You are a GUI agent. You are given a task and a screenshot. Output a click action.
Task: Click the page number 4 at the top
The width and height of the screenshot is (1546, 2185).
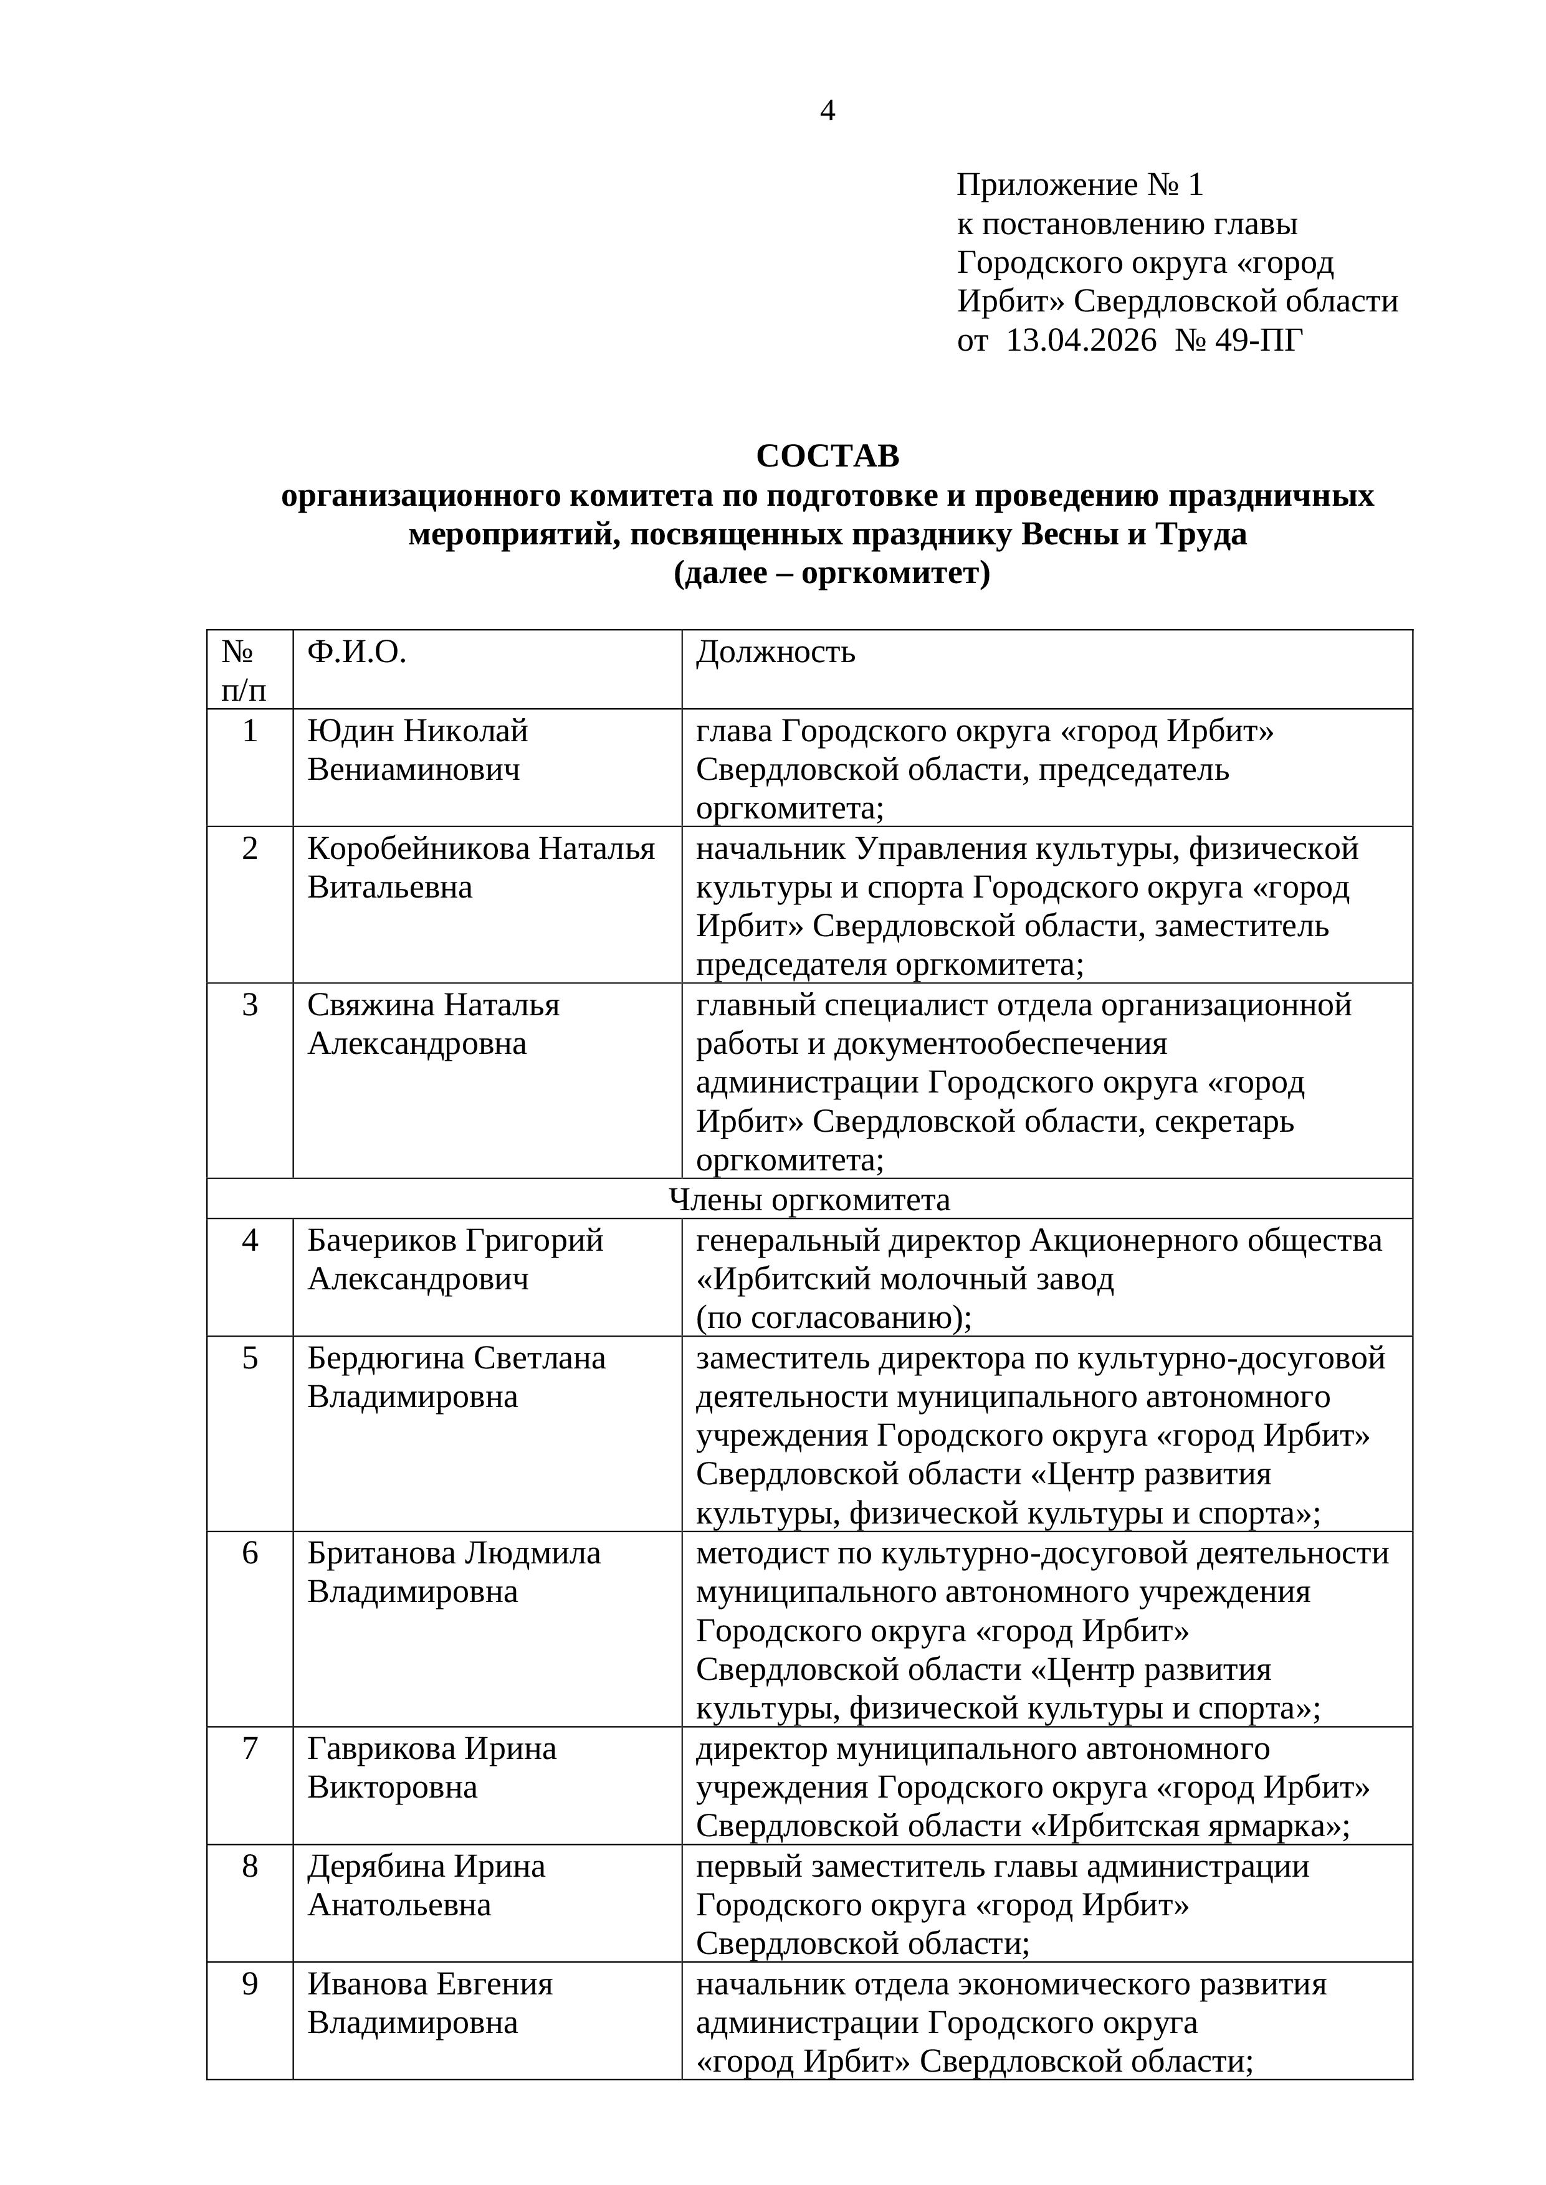(828, 111)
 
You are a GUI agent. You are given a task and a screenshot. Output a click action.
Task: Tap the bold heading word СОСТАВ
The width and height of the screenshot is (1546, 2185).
(828, 456)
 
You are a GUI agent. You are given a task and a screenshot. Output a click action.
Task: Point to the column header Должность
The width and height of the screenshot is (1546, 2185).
(775, 652)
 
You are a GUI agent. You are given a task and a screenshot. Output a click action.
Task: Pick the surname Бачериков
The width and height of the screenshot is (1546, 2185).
(383, 1240)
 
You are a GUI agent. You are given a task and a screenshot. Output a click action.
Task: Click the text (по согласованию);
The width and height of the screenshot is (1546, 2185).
(834, 1318)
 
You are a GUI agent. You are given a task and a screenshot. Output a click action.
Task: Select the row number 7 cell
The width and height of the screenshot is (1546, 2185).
(249, 1748)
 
